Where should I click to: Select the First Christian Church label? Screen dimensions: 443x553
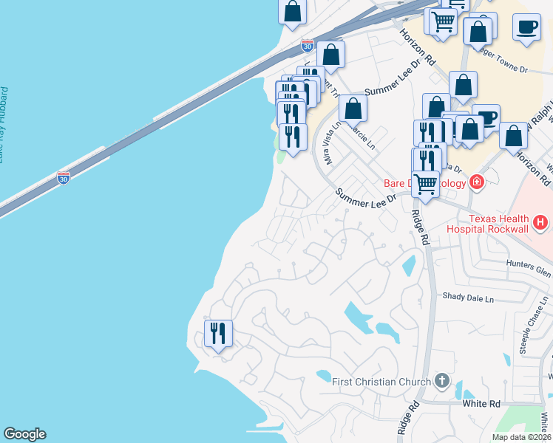pyautogui.click(x=381, y=382)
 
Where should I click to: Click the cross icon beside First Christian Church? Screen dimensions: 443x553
pyautogui.click(x=442, y=381)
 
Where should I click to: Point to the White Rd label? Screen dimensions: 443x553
pyautogui.click(x=481, y=404)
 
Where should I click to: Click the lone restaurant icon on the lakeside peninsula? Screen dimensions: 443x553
pyautogui.click(x=218, y=334)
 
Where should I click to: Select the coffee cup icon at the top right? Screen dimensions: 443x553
pyautogui.click(x=526, y=27)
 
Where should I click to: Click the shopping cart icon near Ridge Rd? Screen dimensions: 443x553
pyautogui.click(x=426, y=184)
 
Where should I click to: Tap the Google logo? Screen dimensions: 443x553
pyautogui.click(x=24, y=434)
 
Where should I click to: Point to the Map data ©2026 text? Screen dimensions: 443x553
pyautogui.click(x=521, y=437)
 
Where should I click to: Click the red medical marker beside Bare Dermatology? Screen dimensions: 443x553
pyautogui.click(x=476, y=182)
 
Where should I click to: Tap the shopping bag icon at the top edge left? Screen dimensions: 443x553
pyautogui.click(x=293, y=11)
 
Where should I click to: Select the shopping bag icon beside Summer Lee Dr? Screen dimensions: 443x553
pyautogui.click(x=353, y=109)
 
